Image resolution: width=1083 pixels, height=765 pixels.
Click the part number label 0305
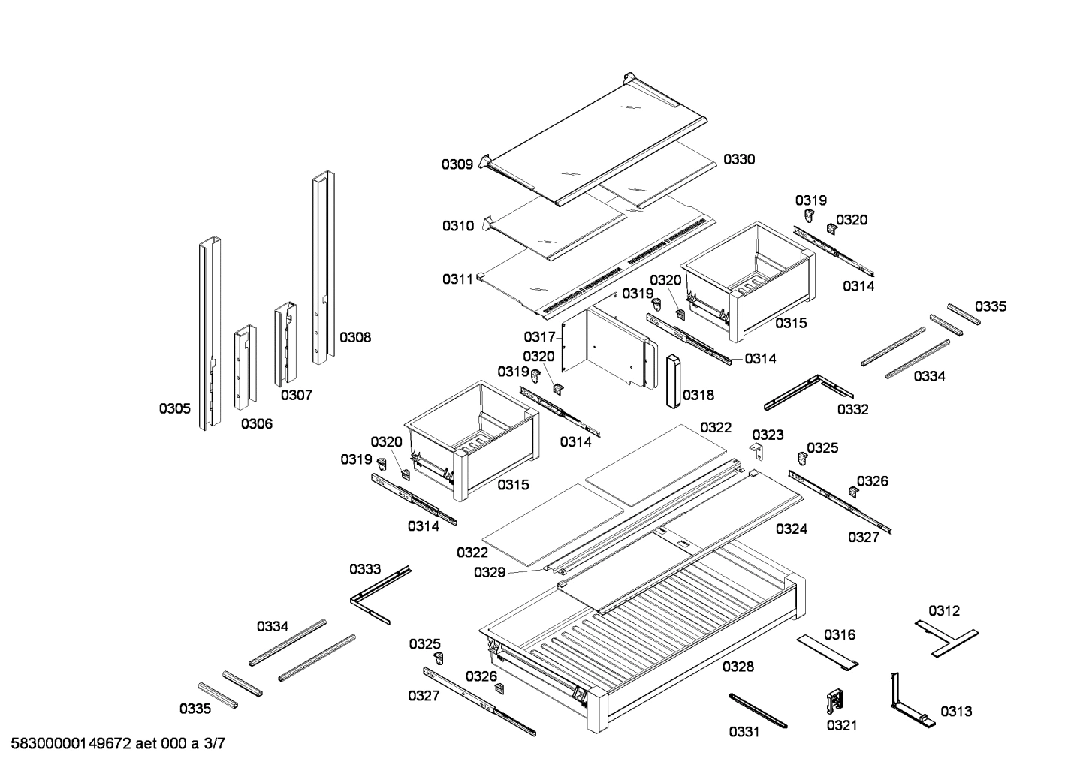[x=174, y=408]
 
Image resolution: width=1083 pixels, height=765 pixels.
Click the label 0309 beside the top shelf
[x=457, y=164]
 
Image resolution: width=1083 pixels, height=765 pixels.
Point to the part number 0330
[x=739, y=159]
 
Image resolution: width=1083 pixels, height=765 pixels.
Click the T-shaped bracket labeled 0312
[x=946, y=635]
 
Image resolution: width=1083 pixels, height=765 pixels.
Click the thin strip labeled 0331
[x=756, y=710]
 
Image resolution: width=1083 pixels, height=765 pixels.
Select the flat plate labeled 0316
[x=828, y=651]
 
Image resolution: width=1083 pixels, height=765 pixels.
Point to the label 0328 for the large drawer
[x=738, y=667]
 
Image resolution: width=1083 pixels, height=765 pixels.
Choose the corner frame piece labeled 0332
[x=807, y=391]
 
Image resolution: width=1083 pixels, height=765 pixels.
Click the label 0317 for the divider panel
[x=539, y=337]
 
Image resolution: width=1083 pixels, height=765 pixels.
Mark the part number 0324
[x=792, y=529]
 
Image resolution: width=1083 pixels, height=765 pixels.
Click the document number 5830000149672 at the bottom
[x=72, y=744]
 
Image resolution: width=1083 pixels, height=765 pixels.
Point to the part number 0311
[x=457, y=279]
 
